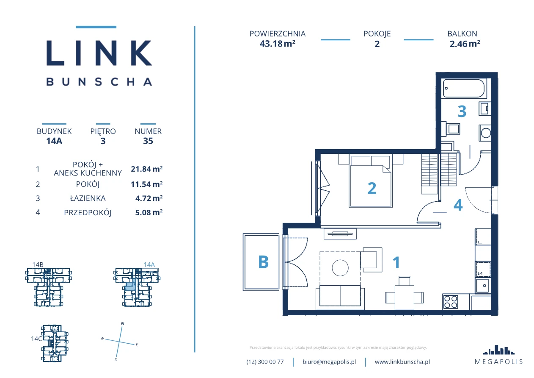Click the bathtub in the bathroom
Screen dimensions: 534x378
click(x=464, y=88)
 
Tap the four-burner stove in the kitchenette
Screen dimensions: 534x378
click(x=450, y=302)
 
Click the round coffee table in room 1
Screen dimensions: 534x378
click(x=340, y=268)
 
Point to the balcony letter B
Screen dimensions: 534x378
click(x=264, y=262)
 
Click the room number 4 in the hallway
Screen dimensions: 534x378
click(x=458, y=205)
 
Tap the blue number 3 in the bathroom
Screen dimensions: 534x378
click(x=462, y=111)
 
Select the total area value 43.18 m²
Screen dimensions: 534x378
click(x=278, y=44)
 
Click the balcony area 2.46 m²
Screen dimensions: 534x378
click(x=465, y=44)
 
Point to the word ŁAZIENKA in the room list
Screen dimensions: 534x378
click(x=88, y=198)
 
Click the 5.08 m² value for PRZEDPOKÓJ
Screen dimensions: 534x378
click(x=149, y=212)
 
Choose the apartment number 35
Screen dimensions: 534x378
click(x=148, y=141)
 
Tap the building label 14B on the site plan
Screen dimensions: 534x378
click(x=38, y=264)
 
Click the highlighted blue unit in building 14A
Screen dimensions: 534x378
click(x=130, y=286)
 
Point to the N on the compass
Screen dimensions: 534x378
click(x=123, y=323)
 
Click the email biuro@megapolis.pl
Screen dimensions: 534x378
click(x=329, y=361)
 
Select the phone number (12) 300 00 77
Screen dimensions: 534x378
click(x=265, y=362)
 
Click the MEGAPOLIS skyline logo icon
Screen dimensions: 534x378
click(x=498, y=350)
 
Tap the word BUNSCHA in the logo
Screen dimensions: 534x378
click(x=99, y=82)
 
